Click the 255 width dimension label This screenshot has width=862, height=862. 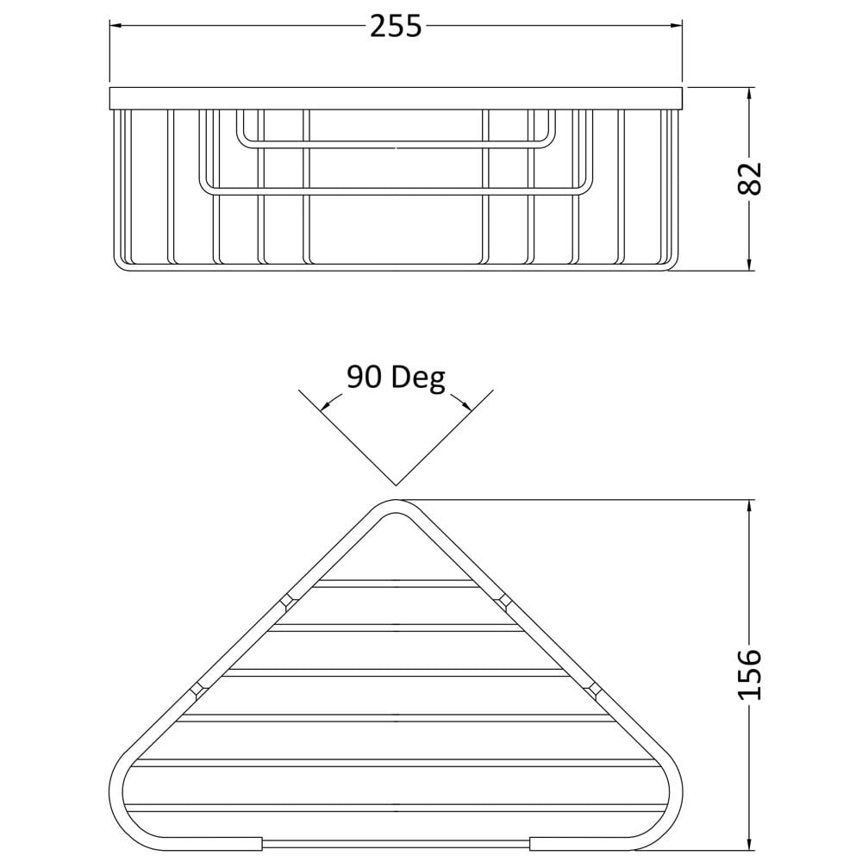tap(396, 27)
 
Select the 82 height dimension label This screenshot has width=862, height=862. tap(749, 178)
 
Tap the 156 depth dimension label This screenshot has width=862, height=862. tap(749, 674)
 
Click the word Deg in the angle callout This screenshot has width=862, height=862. tap(417, 378)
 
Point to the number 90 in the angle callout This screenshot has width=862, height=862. tap(364, 378)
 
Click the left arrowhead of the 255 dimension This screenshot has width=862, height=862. tap(117, 25)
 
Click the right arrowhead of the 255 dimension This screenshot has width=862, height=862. tap(675, 25)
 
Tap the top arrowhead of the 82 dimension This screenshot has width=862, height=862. tap(749, 94)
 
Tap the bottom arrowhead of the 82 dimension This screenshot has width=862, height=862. tap(749, 263)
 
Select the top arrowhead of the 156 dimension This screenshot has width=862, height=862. tap(749, 508)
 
